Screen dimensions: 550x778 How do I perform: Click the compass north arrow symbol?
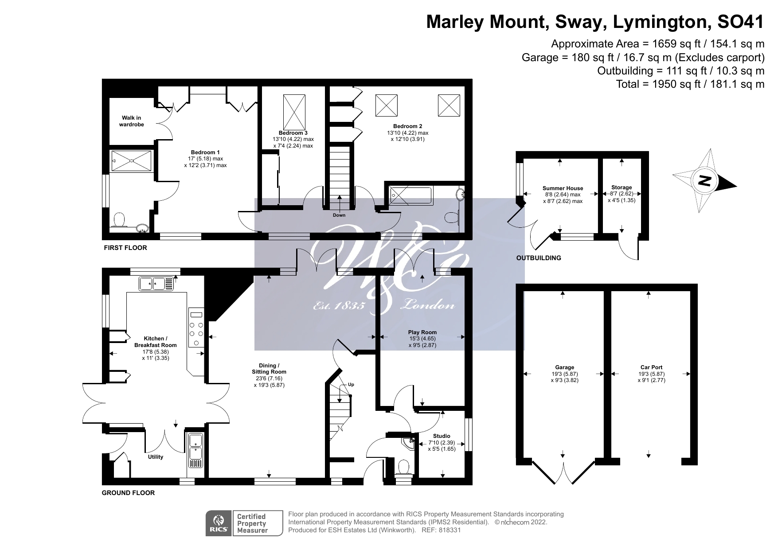pos(704,181)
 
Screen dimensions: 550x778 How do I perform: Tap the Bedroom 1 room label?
pos(205,152)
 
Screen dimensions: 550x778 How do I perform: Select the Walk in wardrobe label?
pos(131,121)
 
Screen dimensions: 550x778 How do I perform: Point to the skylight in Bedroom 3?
pos(294,111)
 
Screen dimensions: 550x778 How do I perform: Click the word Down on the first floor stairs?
pos(339,215)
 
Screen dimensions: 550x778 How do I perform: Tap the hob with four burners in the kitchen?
pos(195,329)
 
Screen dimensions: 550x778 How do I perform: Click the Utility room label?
pos(156,457)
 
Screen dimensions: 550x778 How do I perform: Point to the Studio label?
pos(442,436)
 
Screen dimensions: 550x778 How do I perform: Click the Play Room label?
pos(422,332)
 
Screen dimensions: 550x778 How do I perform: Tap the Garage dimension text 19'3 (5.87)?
pos(564,374)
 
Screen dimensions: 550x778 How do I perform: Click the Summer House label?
pos(563,188)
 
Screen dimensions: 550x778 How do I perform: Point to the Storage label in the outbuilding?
pos(621,187)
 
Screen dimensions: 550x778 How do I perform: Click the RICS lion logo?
pos(219,520)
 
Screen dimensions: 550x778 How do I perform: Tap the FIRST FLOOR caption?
pos(125,248)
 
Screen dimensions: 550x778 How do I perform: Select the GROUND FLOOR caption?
pos(128,493)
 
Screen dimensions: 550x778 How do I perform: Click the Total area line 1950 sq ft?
pos(690,84)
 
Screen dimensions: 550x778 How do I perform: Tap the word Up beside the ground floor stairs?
pos(351,385)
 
